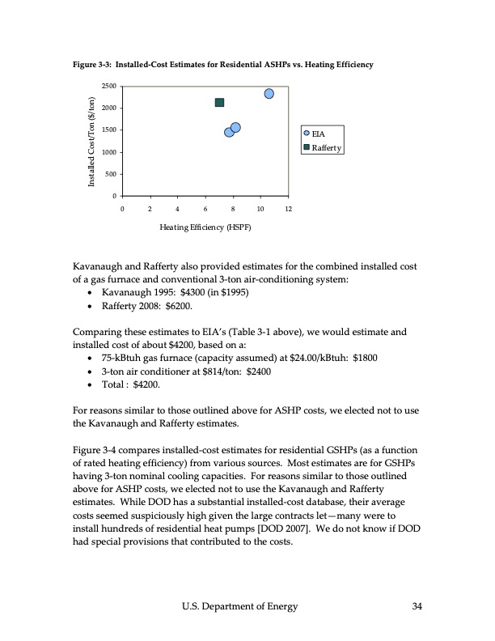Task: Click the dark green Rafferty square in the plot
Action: click(219, 103)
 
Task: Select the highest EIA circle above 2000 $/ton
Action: click(269, 94)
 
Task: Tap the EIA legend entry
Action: click(317, 134)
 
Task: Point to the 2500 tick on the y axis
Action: click(107, 86)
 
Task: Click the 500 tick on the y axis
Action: click(109, 174)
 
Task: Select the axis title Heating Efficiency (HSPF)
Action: click(205, 228)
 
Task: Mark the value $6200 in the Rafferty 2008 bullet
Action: click(174, 307)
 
